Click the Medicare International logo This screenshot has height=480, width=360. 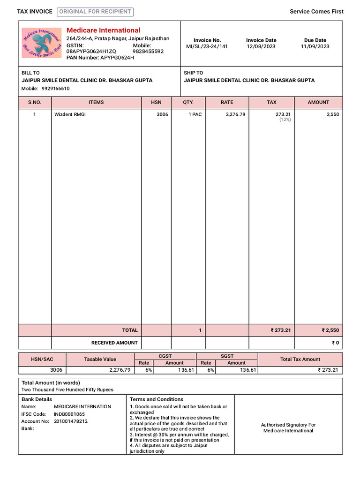pos(42,43)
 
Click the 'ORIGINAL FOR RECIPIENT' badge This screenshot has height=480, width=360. pos(95,12)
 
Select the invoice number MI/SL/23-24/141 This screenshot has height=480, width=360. pos(207,46)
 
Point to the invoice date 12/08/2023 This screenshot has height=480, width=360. pos(261,46)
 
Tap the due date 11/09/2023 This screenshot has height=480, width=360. pos(315,46)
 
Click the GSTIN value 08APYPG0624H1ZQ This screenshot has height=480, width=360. pos(91,52)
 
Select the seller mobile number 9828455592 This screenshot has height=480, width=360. pos(148,52)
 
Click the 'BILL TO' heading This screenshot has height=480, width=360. pos(30,73)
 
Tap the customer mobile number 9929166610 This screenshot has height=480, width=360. pos(55,89)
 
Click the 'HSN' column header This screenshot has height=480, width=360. pos(156,102)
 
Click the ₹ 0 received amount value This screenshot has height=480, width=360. pos(335,343)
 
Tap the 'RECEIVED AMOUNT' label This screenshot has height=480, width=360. pos(114,343)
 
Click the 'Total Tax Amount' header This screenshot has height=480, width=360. pos(300,359)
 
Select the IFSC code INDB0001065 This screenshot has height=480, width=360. pos(69,414)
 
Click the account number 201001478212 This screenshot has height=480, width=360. pos(71,421)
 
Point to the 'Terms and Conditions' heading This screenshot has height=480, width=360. pos(156,399)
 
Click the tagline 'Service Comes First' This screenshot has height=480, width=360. pos(316,12)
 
